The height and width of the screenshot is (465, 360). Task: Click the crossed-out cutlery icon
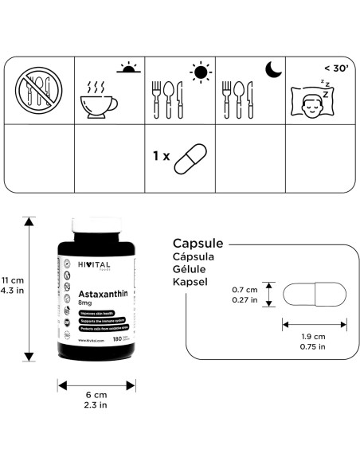(38, 92)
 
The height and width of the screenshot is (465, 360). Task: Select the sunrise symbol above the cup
(128, 71)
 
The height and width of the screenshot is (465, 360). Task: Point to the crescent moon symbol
(273, 72)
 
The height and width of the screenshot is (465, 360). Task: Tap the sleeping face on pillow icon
(318, 102)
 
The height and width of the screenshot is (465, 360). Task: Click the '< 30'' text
(335, 68)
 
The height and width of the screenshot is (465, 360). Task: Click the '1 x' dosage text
(161, 157)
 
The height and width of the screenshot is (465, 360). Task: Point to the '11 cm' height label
(11, 280)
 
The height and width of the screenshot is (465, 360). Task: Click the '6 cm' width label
(96, 395)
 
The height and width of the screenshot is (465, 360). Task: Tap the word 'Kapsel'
(191, 282)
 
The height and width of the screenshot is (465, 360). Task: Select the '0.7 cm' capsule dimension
(244, 289)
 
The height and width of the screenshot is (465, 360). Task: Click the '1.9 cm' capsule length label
(314, 337)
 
